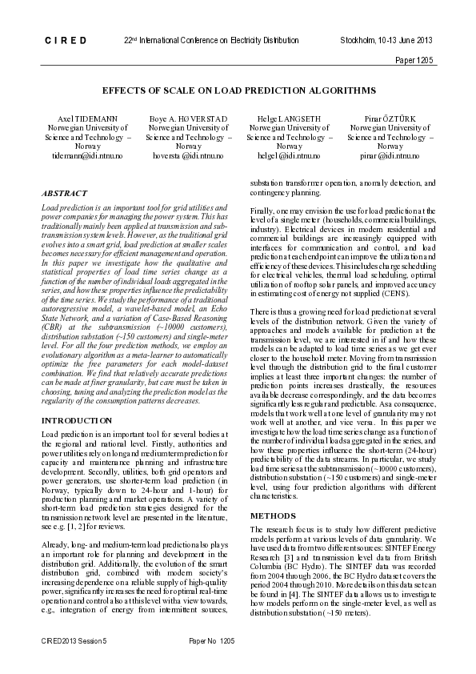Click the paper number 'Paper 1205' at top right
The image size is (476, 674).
tap(414, 61)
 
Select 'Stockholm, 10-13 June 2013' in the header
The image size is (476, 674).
tap(386, 40)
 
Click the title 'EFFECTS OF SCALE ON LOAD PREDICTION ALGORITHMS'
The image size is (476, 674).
tap(238, 90)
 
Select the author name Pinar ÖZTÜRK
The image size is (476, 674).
tap(390, 118)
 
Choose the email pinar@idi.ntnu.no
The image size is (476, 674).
tap(390, 157)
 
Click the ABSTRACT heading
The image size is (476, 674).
tap(65, 194)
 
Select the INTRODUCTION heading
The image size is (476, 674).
tap(77, 420)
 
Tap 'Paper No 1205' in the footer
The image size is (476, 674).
tap(211, 641)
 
